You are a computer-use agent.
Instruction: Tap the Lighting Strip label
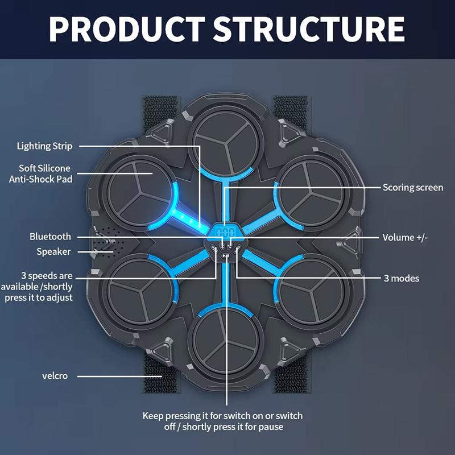(44, 146)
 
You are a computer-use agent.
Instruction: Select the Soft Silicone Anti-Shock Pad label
(41, 173)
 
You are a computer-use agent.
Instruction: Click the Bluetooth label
(51, 237)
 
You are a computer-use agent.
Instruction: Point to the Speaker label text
(54, 251)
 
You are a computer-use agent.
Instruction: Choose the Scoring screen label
(412, 187)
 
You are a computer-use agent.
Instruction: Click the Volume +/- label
(405, 237)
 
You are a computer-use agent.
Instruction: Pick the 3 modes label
(401, 278)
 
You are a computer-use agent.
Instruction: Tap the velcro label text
(55, 376)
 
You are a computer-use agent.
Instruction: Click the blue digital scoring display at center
(227, 233)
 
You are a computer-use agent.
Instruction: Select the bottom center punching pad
(226, 341)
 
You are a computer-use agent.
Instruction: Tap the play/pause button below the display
(226, 257)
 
